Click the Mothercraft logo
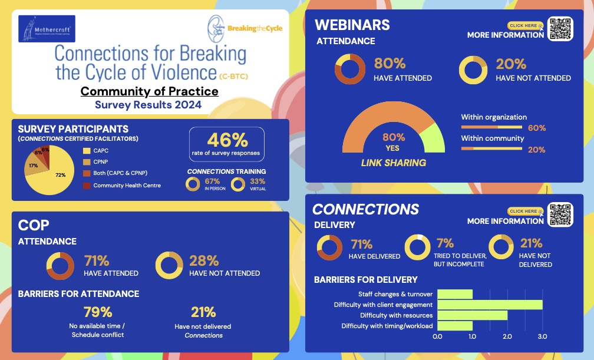pyautogui.click(x=47, y=28)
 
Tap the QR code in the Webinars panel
pyautogui.click(x=560, y=29)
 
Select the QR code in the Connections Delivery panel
pyautogui.click(x=560, y=215)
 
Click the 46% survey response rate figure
pyautogui.click(x=227, y=140)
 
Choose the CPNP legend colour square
pyautogui.click(x=86, y=162)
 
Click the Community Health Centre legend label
pyautogui.click(x=127, y=186)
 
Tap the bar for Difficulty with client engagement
pyautogui.click(x=490, y=305)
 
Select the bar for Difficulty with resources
pyautogui.click(x=472, y=315)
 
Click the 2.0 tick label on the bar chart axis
pyautogui.click(x=507, y=336)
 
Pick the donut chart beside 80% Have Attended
pyautogui.click(x=350, y=70)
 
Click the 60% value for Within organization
pyautogui.click(x=536, y=128)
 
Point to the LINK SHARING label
pyautogui.click(x=394, y=162)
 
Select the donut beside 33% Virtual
pyautogui.click(x=238, y=184)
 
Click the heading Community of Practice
pyautogui.click(x=149, y=91)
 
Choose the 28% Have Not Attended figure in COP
pyautogui.click(x=204, y=260)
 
